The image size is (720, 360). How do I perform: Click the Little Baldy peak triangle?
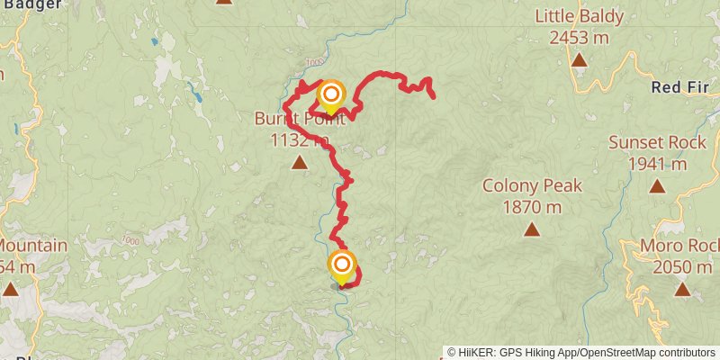point(579,61)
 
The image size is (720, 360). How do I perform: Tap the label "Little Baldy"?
point(579,16)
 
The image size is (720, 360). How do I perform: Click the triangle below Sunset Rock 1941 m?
point(657,186)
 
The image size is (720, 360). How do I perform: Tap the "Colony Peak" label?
point(532,186)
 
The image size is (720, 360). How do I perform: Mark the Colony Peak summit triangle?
point(532,230)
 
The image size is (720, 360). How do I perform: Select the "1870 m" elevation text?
point(532,207)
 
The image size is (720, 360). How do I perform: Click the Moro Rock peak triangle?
point(682,290)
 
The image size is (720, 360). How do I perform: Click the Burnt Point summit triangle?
point(300,163)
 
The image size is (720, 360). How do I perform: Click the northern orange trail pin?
point(331,94)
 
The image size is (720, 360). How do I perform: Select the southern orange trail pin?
point(342,265)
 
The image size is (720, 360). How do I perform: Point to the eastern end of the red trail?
point(433,95)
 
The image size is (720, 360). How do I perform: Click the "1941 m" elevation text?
point(657,164)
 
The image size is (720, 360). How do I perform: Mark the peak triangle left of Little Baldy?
point(224,2)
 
